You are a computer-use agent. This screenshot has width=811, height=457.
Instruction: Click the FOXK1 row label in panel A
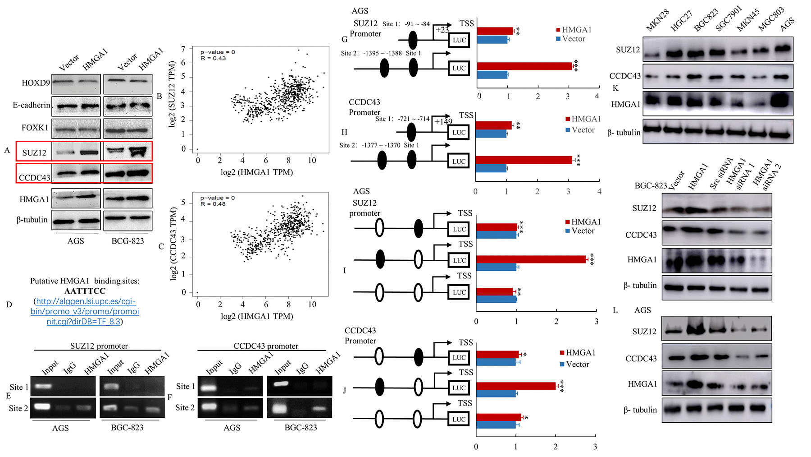[35, 128]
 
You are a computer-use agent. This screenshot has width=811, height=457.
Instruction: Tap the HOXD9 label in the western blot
[36, 83]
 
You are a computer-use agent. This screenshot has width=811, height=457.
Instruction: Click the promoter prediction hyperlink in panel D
[85, 311]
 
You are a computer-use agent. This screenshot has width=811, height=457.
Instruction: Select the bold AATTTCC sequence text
[85, 291]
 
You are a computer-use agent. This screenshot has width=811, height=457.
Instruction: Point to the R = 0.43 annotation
[213, 58]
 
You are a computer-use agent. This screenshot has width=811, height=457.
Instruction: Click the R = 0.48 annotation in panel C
[213, 204]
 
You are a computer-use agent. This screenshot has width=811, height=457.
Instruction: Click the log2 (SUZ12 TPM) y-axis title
[172, 94]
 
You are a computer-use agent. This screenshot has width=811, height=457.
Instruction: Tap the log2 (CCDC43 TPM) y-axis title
[173, 244]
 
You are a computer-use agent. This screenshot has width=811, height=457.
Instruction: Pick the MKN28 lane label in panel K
[657, 21]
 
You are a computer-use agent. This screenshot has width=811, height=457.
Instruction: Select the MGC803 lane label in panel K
[770, 19]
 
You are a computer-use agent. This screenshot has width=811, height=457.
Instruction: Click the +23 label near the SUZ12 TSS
[442, 30]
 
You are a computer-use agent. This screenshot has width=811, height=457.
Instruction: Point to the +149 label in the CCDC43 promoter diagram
[443, 121]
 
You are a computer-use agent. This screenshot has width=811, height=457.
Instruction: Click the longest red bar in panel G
[524, 66]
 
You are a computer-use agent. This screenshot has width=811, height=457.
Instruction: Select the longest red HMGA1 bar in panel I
[531, 259]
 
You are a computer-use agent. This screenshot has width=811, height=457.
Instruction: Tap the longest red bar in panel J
[516, 386]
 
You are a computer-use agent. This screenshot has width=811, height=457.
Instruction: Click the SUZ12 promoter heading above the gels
[99, 346]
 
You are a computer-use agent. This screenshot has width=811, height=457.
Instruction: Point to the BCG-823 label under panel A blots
[128, 241]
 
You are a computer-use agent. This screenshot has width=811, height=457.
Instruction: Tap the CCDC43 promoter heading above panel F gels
[266, 346]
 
